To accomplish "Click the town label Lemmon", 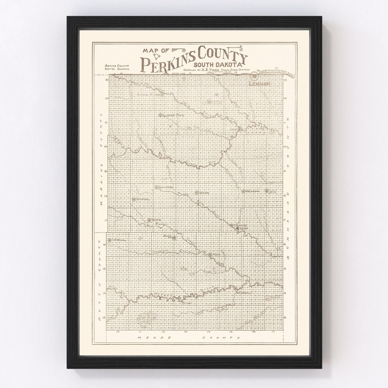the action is (261, 84).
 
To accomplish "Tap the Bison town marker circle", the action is (197, 193).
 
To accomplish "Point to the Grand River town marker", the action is (162, 94).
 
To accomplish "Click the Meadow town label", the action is (253, 191).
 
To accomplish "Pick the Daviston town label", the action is (166, 188).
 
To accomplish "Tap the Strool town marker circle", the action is (134, 199).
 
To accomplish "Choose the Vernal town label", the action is (119, 240).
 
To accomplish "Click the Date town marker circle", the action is (149, 220).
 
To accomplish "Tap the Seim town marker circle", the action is (240, 128).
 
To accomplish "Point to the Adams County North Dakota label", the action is (117, 68).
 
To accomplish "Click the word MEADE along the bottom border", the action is (145, 338).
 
